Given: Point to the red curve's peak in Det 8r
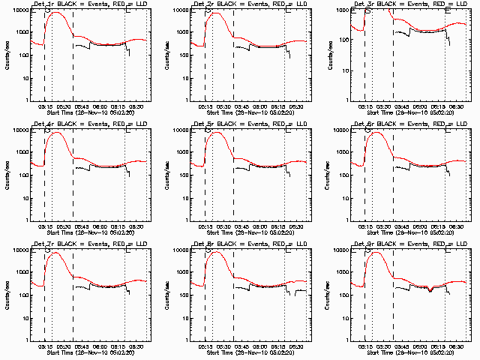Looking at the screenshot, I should [216, 252].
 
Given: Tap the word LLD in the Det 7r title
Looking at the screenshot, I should [143, 244].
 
